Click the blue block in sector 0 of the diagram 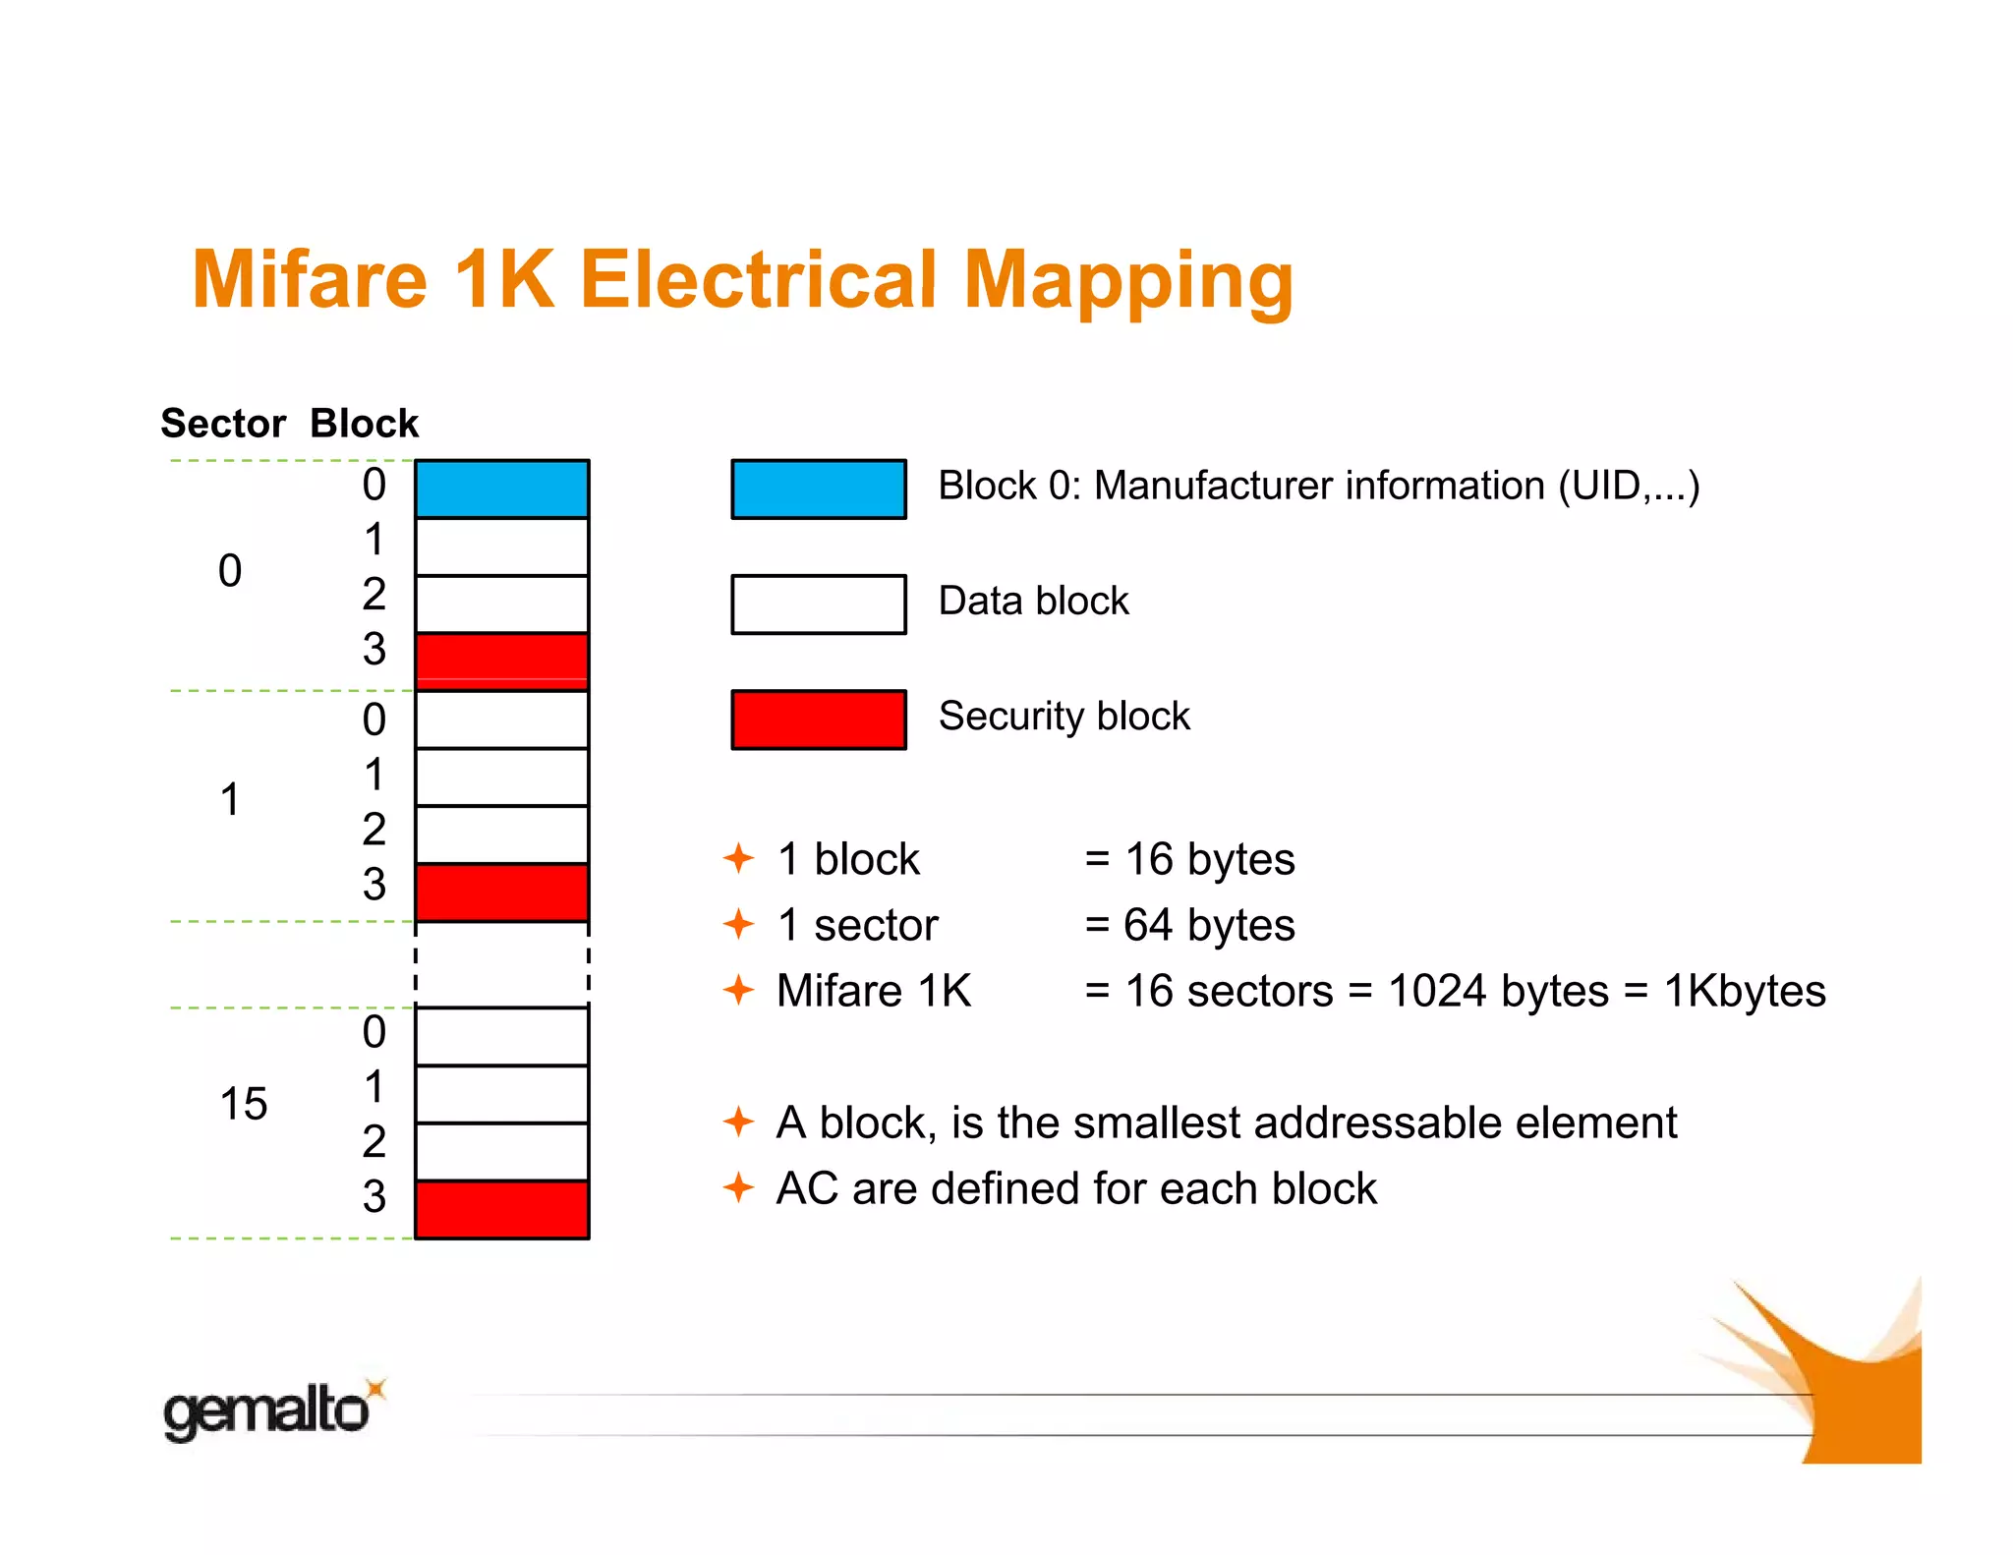502,489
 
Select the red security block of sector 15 502,1209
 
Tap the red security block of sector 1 502,893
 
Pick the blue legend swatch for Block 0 819,489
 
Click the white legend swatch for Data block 819,604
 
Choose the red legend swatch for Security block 819,720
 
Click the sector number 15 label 244,1104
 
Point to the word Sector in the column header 223,424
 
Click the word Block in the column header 365,424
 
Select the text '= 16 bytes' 1189,859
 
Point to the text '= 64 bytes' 1189,925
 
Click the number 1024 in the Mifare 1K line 1436,991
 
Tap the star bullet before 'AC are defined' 738,1187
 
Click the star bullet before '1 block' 738,858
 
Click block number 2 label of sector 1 374,829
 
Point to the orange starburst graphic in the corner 1838,1376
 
